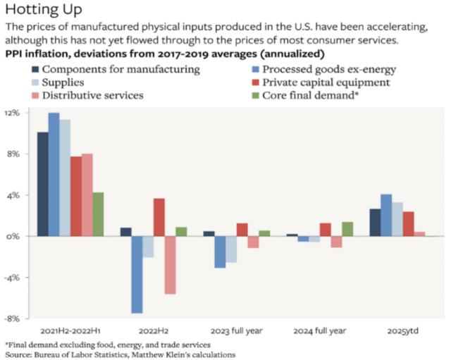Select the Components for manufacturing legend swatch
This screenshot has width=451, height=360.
pos(35,70)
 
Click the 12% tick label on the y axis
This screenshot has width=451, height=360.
pos(16,113)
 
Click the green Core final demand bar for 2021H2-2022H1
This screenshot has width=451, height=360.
pos(99,214)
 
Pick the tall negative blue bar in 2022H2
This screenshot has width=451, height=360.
pos(137,274)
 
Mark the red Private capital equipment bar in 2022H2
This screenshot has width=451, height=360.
pos(159,218)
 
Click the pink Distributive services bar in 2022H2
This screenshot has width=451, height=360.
pos(170,265)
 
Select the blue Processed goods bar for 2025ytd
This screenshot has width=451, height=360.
pos(386,216)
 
